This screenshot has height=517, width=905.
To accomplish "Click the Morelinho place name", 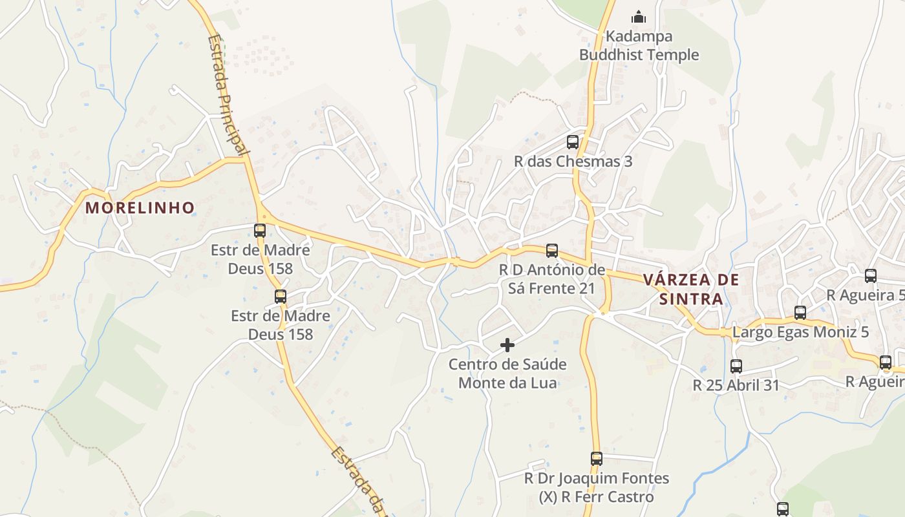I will [140, 207].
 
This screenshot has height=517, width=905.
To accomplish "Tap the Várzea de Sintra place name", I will [691, 289].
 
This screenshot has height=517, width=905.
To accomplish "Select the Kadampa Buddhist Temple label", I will [639, 45].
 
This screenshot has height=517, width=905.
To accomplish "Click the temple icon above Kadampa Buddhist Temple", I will [639, 16].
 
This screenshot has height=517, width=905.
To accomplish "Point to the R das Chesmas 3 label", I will [573, 162].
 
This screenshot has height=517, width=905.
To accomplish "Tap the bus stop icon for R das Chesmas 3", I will [573, 142].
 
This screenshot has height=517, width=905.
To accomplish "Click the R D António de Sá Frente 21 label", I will [551, 279].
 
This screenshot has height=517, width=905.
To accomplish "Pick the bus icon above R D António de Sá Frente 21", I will [551, 251].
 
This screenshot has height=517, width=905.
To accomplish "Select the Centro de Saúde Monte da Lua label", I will [507, 373].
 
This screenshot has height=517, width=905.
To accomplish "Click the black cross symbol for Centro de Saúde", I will [507, 345].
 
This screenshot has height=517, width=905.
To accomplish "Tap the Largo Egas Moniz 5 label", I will [800, 333].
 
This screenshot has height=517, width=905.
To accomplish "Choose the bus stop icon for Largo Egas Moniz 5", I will [800, 313].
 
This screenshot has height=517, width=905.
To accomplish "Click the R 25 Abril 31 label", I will [736, 385].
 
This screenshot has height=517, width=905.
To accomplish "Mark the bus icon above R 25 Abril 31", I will [736, 366].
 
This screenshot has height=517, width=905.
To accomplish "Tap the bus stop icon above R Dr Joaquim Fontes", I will [597, 459].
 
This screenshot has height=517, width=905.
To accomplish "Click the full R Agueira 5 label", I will [865, 295].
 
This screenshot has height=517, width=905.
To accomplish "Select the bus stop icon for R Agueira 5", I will [871, 276].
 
